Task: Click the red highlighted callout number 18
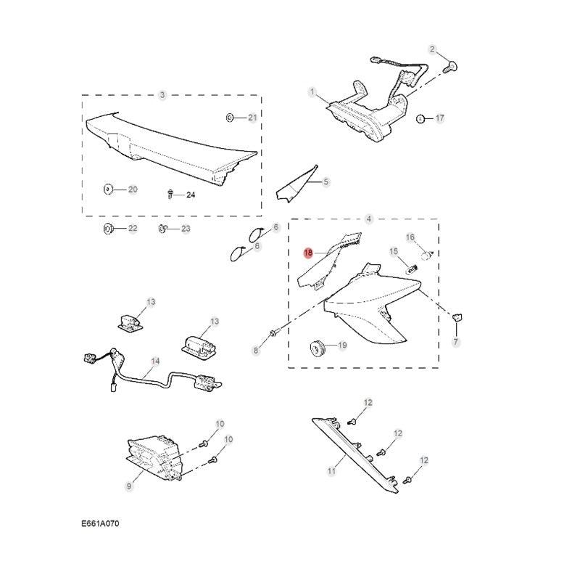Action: pos(308,253)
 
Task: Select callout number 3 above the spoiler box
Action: pos(162,95)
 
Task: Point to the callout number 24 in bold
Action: pos(191,195)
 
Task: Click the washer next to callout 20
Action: pos(107,189)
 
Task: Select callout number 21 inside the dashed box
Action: pos(252,117)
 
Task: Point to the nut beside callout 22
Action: pos(107,229)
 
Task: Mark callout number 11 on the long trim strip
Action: pos(331,471)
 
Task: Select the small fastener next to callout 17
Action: pos(420,118)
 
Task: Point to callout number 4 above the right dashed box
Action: pos(368,218)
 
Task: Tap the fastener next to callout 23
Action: pos(163,229)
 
